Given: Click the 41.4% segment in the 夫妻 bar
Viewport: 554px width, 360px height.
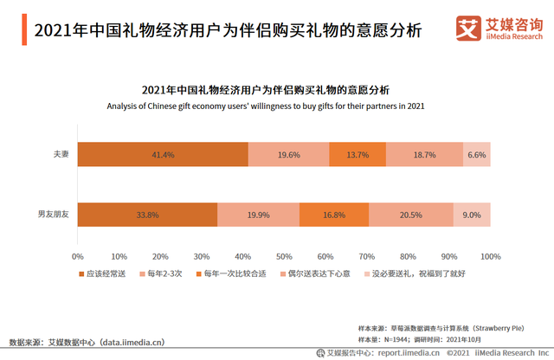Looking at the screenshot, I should pos(163,155).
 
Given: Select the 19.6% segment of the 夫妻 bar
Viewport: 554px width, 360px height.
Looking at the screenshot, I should pos(288,155).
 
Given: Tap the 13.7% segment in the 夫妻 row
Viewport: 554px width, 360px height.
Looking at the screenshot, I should pos(357,155).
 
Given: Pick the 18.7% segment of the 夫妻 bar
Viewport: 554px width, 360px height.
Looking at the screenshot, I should pos(424,155).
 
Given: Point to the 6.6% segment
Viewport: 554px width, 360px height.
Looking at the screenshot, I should pos(477,155).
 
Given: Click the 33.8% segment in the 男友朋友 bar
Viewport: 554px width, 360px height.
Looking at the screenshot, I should pos(147,215).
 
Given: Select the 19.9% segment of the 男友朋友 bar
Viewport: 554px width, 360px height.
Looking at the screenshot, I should pos(258,215).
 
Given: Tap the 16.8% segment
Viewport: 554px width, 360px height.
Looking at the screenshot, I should pos(334,215).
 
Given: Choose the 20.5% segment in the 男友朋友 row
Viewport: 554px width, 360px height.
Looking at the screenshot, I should pos(411,215).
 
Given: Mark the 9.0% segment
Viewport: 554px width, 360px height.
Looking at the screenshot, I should pos(472,215).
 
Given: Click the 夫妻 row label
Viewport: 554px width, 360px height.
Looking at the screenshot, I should pos(60,155).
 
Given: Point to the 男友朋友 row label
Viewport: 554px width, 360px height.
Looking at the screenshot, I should pos(53,215).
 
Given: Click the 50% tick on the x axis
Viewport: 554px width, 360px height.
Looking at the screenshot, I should pos(284,257).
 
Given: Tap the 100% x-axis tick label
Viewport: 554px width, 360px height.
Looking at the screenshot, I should pos(491,257).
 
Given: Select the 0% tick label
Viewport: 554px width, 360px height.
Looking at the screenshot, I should pos(77,257).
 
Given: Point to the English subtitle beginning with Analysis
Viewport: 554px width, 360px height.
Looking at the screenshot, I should pos(266,106).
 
